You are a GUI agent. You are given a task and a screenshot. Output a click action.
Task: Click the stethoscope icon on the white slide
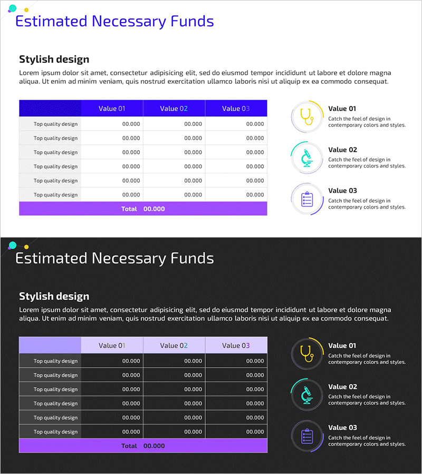[306, 116]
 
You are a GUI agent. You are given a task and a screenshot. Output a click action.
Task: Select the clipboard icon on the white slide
[306, 199]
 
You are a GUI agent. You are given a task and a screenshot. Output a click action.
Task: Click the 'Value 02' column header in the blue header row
[174, 108]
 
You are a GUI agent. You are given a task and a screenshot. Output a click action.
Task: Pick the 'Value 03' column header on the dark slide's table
[236, 345]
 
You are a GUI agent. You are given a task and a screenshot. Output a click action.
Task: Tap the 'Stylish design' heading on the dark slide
[54, 296]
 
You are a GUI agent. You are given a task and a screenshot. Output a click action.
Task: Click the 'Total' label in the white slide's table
[129, 209]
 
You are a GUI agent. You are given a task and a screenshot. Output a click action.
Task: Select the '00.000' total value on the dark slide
[154, 446]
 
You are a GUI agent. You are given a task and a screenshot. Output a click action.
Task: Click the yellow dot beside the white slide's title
[26, 9]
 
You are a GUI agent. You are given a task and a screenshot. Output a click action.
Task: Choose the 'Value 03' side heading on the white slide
[342, 191]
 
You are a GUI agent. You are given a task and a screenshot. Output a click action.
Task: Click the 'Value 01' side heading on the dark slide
[342, 345]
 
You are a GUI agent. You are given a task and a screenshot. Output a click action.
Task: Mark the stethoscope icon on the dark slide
[306, 353]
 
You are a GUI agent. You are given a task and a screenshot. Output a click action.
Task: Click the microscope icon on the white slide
[306, 157]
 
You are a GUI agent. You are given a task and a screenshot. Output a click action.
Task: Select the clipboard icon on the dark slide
[306, 436]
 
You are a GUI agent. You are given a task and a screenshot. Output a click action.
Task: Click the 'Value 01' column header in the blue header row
[112, 108]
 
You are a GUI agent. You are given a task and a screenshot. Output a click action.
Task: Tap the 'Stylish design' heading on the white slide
[54, 59]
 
